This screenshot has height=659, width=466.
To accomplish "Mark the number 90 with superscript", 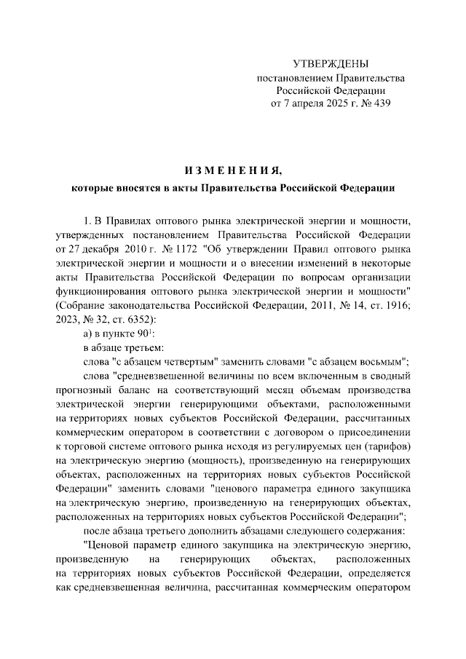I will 143,335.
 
